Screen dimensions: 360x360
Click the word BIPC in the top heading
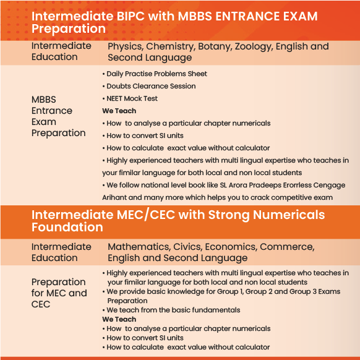click(131, 16)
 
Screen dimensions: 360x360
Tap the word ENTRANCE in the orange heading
click(247, 16)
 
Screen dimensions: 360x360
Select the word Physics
click(126, 47)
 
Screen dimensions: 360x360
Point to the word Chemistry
click(171, 47)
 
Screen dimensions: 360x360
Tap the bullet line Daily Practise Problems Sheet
click(155, 74)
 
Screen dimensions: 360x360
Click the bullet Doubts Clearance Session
click(149, 86)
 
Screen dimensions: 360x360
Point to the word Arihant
click(114, 197)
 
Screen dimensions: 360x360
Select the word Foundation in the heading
click(67, 227)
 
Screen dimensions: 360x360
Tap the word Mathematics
click(139, 247)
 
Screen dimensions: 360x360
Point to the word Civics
click(188, 247)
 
